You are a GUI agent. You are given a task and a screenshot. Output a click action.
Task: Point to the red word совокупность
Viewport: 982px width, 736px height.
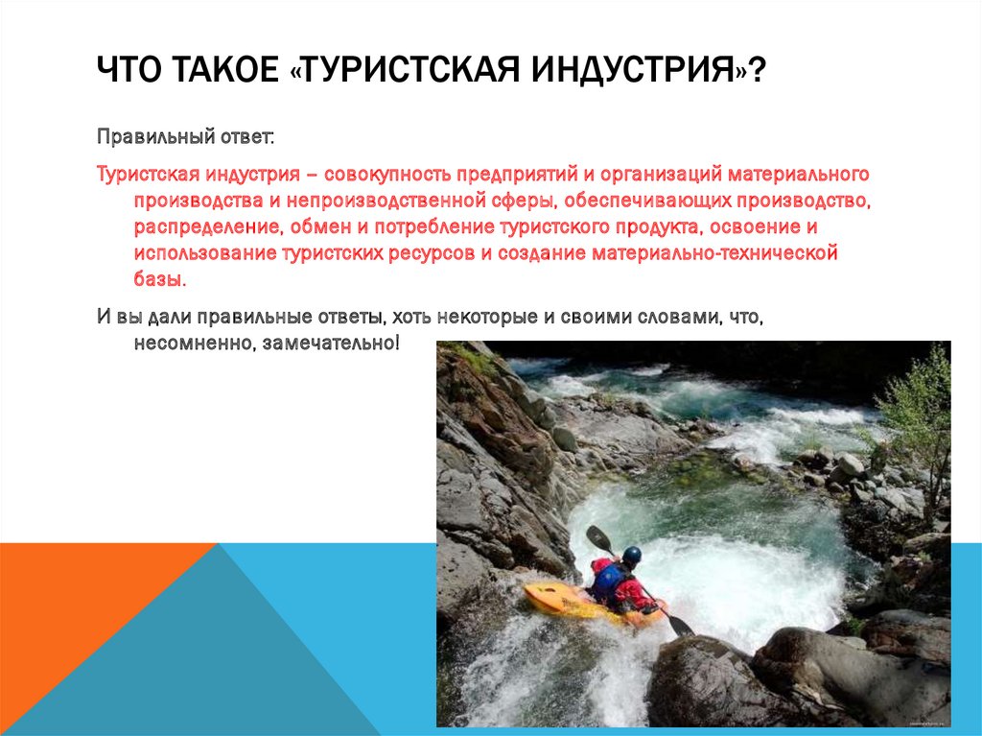coord(387,176)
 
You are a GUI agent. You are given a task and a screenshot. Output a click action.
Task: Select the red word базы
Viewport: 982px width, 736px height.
coord(157,280)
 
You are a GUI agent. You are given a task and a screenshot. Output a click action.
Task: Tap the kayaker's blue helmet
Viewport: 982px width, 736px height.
coord(631,555)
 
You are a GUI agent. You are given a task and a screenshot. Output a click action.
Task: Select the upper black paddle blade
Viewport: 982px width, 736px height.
coord(598,538)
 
